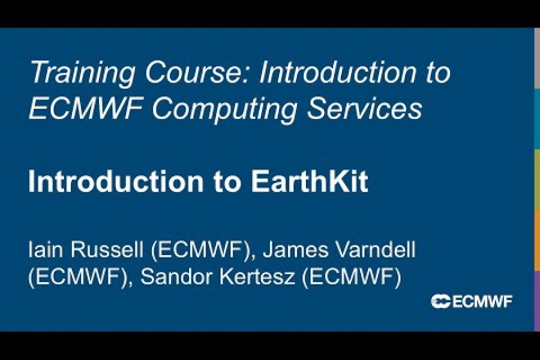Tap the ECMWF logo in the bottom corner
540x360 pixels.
pyautogui.click(x=472, y=301)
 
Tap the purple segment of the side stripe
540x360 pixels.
pyautogui.click(x=537, y=300)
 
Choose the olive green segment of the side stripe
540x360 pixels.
pyautogui.click(x=537, y=179)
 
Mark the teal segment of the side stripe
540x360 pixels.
pyautogui.click(x=537, y=119)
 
